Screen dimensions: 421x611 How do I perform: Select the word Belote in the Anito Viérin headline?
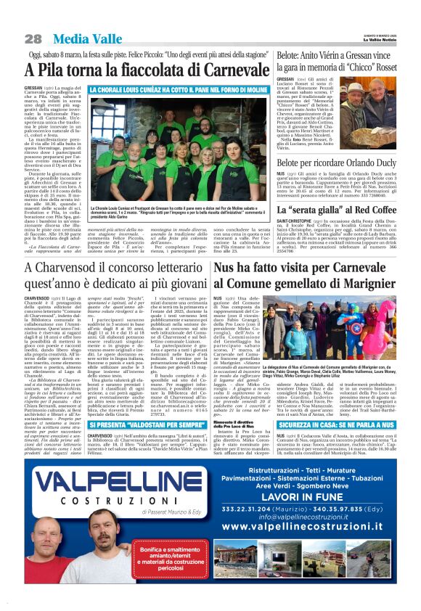[x=293, y=55]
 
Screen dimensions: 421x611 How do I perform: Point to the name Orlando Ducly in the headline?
[x=368, y=165]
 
